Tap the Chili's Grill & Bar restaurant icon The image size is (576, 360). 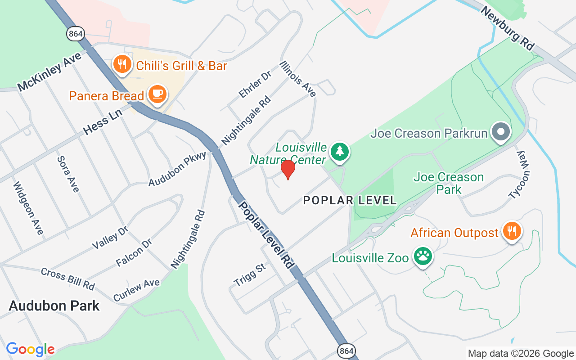(x=122, y=64)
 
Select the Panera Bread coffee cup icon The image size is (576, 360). (x=157, y=94)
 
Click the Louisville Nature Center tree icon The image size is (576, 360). (x=340, y=152)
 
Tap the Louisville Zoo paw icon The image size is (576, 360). (x=423, y=256)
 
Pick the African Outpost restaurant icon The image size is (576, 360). (x=512, y=231)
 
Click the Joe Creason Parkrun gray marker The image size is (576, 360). (x=501, y=132)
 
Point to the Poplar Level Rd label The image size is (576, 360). (x=265, y=235)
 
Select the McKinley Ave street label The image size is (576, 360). (x=49, y=72)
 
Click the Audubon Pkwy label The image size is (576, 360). (x=177, y=169)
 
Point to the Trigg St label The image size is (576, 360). (x=250, y=275)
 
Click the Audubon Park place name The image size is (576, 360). (x=54, y=306)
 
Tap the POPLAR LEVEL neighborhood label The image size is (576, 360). (x=350, y=200)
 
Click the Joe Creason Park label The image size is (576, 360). (x=449, y=183)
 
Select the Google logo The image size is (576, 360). (x=30, y=349)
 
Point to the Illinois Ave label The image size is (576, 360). (x=298, y=79)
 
